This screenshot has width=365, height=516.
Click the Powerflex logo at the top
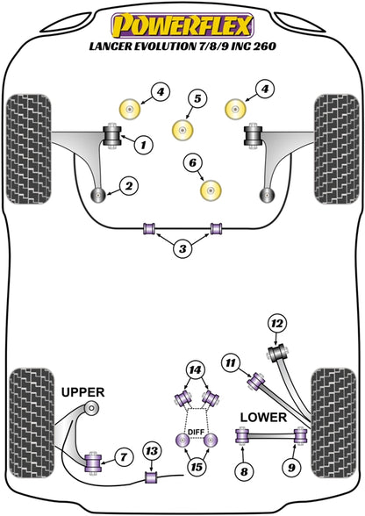tap(182, 25)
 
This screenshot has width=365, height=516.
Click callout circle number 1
tap(143, 145)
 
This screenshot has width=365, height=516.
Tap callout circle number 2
tap(129, 186)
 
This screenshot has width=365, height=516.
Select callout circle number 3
tap(182, 248)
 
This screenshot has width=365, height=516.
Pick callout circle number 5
tap(197, 98)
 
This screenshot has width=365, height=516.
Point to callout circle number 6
tap(192, 162)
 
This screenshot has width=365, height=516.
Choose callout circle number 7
tap(123, 457)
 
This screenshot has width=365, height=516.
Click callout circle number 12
tap(277, 324)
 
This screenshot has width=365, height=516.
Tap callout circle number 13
tap(152, 451)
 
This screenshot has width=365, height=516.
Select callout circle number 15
tap(197, 467)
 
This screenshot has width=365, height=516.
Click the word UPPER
tap(83, 392)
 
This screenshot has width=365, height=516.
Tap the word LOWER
tap(263, 418)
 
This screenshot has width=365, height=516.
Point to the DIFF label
tap(197, 432)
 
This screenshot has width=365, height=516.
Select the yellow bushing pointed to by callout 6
tap(211, 190)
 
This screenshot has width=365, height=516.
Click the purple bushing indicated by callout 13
tap(152, 477)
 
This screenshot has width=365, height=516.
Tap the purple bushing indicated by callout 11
tap(256, 382)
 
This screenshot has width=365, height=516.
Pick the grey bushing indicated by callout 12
tap(278, 353)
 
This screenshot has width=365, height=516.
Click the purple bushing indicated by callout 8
tap(242, 435)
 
